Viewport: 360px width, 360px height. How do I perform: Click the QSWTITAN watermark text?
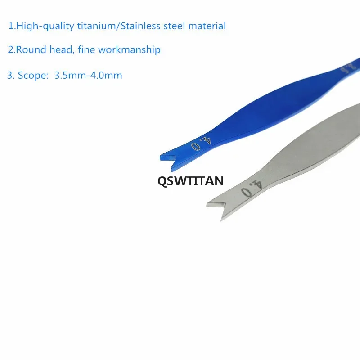(x=190, y=181)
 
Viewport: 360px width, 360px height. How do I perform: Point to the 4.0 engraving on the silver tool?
(x=252, y=189)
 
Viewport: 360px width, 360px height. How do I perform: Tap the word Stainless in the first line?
(x=140, y=26)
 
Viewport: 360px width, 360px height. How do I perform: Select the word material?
(x=207, y=26)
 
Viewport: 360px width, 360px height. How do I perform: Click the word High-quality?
(x=45, y=26)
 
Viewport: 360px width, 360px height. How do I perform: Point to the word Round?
(x=31, y=49)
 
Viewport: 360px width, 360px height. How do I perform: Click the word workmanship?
(x=129, y=50)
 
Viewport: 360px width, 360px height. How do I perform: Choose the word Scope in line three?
(x=32, y=76)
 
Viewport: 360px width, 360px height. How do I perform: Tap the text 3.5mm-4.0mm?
(x=88, y=75)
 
